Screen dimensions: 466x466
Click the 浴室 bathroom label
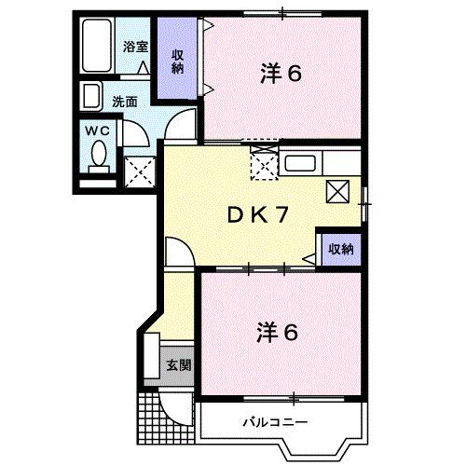click(137, 47)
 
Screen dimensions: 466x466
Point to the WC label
click(98, 131)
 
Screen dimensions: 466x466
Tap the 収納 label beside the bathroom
click(176, 61)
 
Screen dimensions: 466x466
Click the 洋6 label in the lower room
click(277, 331)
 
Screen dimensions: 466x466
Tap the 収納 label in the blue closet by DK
click(340, 248)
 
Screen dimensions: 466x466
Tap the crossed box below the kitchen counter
click(336, 192)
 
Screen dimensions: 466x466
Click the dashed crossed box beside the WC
click(139, 171)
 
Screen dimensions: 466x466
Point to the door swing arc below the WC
click(133, 130)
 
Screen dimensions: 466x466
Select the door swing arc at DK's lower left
click(177, 252)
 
